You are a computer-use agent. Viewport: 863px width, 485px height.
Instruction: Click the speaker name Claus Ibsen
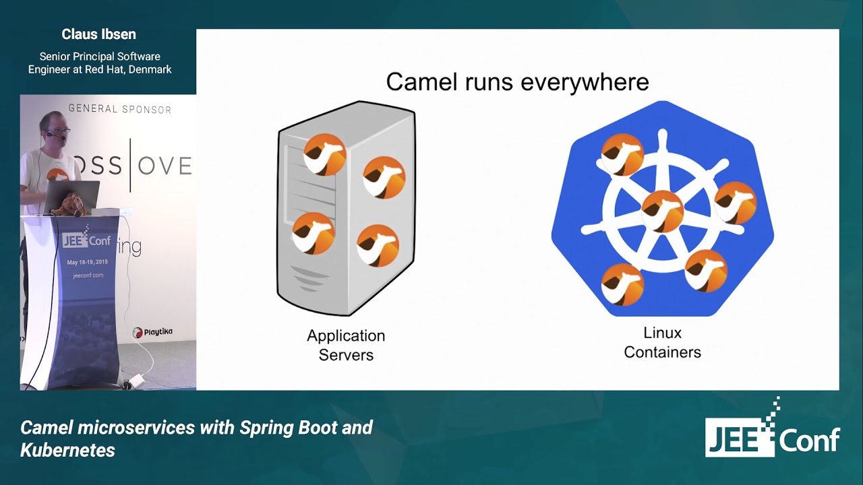[99, 34]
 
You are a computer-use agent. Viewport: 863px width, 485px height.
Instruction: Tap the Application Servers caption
[346, 345]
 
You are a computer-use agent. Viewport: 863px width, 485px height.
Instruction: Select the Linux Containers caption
[662, 342]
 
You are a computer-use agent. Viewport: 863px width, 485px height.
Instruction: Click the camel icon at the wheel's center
[663, 211]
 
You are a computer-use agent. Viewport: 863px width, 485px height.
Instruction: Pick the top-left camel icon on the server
[324, 154]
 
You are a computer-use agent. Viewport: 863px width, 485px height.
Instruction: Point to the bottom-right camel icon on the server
[378, 245]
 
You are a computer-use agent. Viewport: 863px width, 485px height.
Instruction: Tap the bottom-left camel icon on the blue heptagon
[622, 284]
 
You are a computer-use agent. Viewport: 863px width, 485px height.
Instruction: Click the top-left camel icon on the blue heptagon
[622, 154]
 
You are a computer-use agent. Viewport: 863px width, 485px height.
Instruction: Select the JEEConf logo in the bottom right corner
[773, 431]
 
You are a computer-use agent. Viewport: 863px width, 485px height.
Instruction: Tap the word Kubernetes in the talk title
[67, 450]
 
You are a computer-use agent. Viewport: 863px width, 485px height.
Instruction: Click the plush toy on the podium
[69, 205]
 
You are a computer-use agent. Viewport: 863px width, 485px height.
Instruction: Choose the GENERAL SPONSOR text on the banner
[119, 109]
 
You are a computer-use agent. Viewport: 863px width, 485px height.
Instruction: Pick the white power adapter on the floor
[138, 381]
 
